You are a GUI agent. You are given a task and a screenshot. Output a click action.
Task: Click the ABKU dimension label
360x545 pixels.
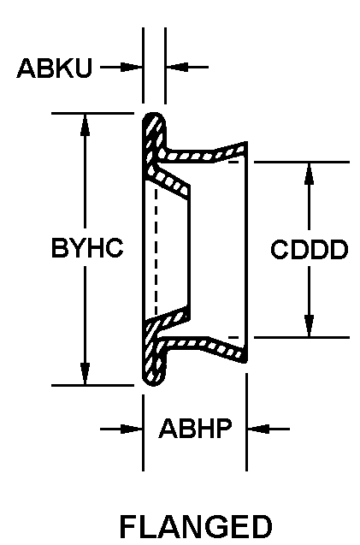tap(55, 68)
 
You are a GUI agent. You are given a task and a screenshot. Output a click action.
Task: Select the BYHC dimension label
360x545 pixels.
tap(87, 248)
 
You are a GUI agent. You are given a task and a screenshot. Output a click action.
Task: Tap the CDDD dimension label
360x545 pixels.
tap(310, 249)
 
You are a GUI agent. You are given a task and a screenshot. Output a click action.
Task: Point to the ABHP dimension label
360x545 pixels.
tap(195, 429)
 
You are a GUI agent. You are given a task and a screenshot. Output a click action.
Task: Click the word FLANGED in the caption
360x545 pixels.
tap(196, 526)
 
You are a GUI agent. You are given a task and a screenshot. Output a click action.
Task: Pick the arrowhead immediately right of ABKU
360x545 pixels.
tap(131, 67)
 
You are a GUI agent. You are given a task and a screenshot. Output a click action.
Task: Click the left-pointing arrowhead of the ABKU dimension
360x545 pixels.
tap(177, 67)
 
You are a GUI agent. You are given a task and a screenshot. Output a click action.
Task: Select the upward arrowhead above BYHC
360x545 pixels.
tap(85, 125)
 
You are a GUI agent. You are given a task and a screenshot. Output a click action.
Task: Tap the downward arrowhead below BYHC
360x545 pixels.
tap(85, 374)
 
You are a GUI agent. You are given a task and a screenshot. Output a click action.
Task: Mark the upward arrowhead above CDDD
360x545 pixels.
tap(309, 174)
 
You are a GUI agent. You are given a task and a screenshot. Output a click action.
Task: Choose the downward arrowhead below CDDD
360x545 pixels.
tap(309, 326)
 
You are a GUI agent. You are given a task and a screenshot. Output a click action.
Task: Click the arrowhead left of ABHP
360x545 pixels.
tap(131, 429)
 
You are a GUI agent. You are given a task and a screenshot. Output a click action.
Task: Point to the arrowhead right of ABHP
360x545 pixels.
tap(258, 429)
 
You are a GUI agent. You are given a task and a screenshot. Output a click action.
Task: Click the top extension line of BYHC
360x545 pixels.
tap(92, 113)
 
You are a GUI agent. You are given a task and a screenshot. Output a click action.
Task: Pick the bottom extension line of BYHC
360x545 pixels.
tap(92, 385)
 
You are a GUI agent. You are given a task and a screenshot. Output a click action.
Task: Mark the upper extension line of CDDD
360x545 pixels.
tap(302, 162)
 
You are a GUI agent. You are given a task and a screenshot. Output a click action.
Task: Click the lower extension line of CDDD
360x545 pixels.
tap(302, 337)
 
